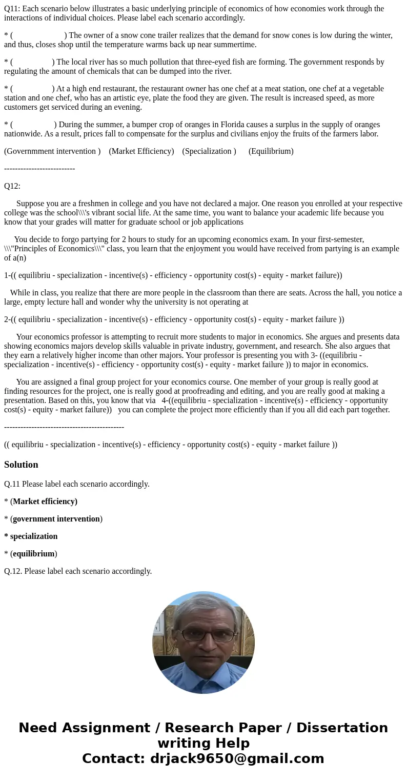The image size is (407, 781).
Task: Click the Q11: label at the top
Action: pos(12,9)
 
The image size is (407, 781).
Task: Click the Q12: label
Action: pos(12,186)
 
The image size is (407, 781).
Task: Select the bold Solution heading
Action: pos(21,465)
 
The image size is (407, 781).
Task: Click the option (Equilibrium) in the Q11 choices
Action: pos(271,151)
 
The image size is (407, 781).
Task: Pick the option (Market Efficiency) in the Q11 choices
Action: pos(141,151)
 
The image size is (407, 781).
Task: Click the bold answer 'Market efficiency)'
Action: pos(45,502)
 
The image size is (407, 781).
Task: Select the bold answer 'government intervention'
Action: pos(56,519)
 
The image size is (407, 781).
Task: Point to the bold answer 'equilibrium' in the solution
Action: pos(34,554)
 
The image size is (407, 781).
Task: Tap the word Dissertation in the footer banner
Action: pos(342,728)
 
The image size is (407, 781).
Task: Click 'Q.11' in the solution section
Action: pos(12,484)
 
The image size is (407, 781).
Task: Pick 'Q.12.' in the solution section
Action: pos(13,571)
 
